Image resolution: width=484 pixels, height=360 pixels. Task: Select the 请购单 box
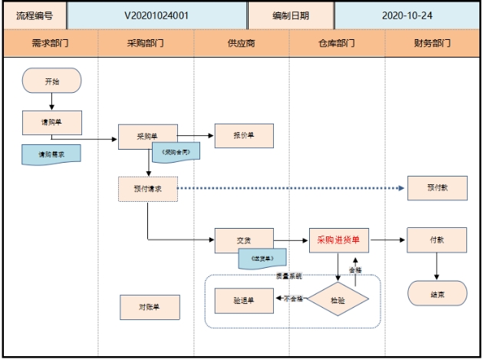[51, 121]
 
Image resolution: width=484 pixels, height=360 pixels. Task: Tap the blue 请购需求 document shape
[51, 154]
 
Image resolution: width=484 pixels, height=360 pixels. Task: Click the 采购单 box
[147, 136]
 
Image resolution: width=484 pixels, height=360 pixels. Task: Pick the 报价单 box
[244, 136]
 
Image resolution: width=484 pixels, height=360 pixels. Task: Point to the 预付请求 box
[147, 189]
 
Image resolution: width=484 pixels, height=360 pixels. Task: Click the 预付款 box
[436, 189]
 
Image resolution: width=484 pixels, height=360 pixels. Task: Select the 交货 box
[244, 240]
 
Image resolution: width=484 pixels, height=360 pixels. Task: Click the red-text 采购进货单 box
[338, 240]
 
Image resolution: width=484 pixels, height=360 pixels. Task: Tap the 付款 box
[436, 240]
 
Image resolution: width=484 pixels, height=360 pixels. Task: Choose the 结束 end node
[436, 294]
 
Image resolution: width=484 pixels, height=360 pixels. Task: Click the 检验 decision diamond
[337, 299]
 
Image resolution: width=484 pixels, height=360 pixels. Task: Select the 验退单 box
[244, 299]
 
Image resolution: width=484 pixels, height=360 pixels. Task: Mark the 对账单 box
[149, 307]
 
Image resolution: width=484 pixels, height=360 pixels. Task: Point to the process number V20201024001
[157, 15]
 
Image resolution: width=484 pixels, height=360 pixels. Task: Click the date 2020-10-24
[407, 15]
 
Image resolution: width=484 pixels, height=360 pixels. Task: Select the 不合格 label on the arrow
[294, 299]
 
